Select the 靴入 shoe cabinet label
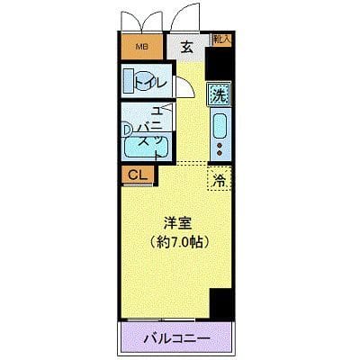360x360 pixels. point(221,39)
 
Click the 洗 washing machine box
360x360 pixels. point(219,92)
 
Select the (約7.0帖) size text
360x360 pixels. point(176,241)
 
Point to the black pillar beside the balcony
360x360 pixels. point(220,304)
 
